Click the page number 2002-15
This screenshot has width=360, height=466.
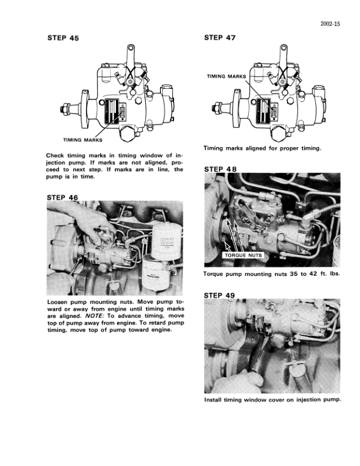click(x=331, y=24)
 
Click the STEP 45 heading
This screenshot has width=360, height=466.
click(x=64, y=38)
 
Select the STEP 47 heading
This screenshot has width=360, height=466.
click(x=220, y=38)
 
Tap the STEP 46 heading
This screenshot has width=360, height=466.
click(x=62, y=198)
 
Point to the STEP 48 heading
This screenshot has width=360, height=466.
click(x=221, y=169)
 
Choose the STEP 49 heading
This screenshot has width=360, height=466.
click(x=219, y=295)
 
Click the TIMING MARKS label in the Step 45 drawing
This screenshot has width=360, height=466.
click(x=82, y=140)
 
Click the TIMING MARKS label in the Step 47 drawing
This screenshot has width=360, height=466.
click(x=226, y=76)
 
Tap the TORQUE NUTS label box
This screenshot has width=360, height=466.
click(x=244, y=255)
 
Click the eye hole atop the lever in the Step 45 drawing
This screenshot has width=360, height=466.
click(x=131, y=48)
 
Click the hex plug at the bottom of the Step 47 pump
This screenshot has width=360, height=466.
click(x=281, y=134)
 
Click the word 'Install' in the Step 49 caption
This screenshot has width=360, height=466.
click(x=213, y=400)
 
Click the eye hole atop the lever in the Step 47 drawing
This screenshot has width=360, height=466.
click(x=284, y=48)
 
